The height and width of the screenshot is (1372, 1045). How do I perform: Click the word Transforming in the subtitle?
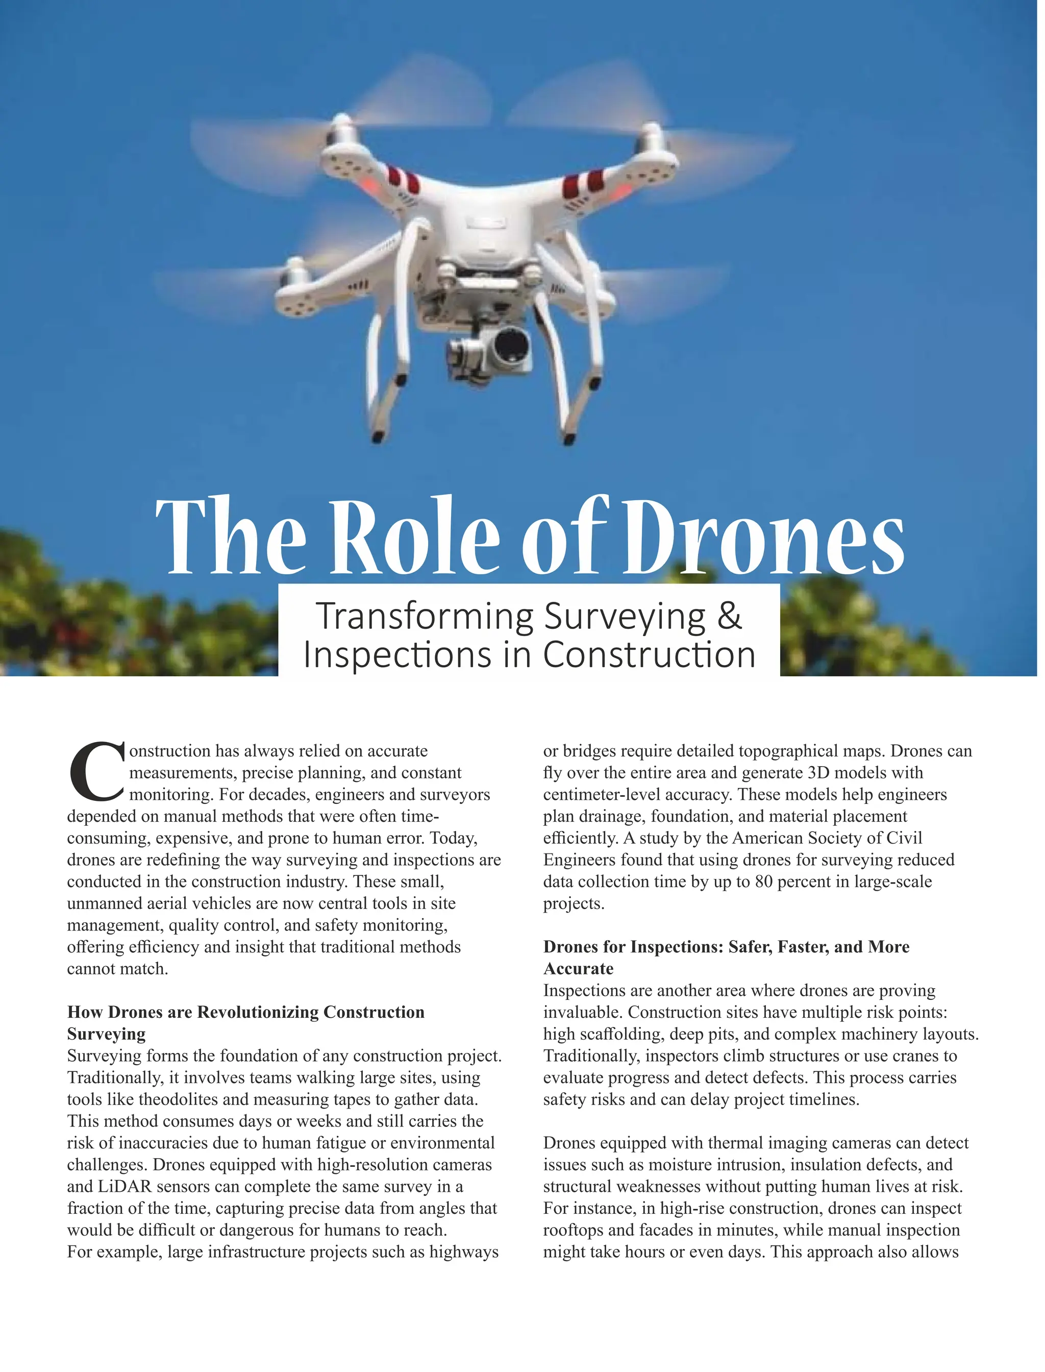(424, 617)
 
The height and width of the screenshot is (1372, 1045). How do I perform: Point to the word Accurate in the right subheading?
(578, 969)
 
